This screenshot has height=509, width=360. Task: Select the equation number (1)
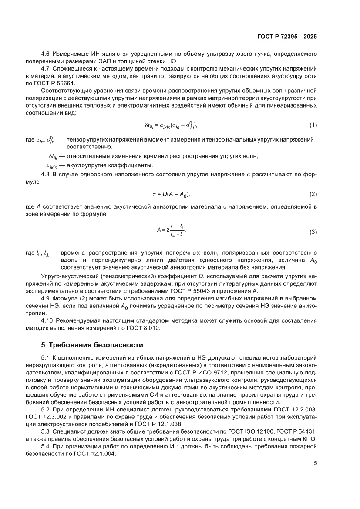click(313, 125)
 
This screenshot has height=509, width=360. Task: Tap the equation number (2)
click(313, 193)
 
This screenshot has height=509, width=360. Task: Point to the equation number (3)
click(313, 233)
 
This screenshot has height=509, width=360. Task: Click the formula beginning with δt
click(171, 125)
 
